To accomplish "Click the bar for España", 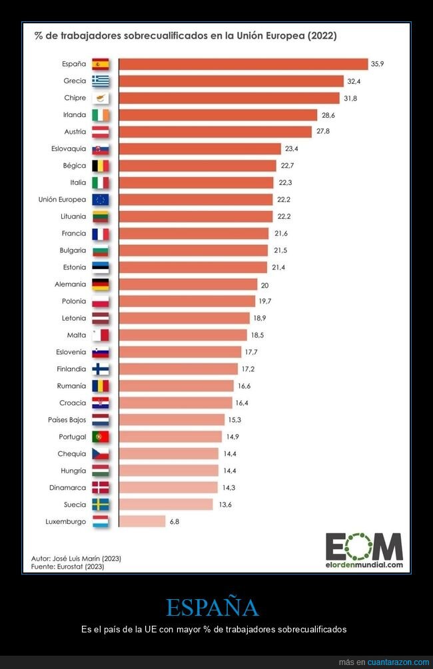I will [x=243, y=64].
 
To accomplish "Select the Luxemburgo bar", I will [x=142, y=521].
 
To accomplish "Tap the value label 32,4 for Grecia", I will [x=354, y=81].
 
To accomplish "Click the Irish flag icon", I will [x=101, y=114].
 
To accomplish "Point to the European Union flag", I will [x=101, y=200].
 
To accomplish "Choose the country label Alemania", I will [x=70, y=284].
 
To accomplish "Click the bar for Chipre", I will [x=229, y=98].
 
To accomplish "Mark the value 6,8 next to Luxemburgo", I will [x=175, y=521].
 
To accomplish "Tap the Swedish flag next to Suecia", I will [x=101, y=505].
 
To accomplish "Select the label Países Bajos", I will [x=67, y=420].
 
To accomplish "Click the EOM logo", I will [x=364, y=547].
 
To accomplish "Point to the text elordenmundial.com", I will [x=364, y=565].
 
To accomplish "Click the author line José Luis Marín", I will [x=76, y=558].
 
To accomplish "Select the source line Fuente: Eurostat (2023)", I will [x=68, y=566].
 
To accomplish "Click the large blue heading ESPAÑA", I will [x=212, y=608].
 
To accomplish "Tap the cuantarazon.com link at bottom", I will [x=398, y=662].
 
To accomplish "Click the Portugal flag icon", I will [x=101, y=437].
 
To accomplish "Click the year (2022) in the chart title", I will [x=317, y=36].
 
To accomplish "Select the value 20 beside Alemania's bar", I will [x=265, y=284].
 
